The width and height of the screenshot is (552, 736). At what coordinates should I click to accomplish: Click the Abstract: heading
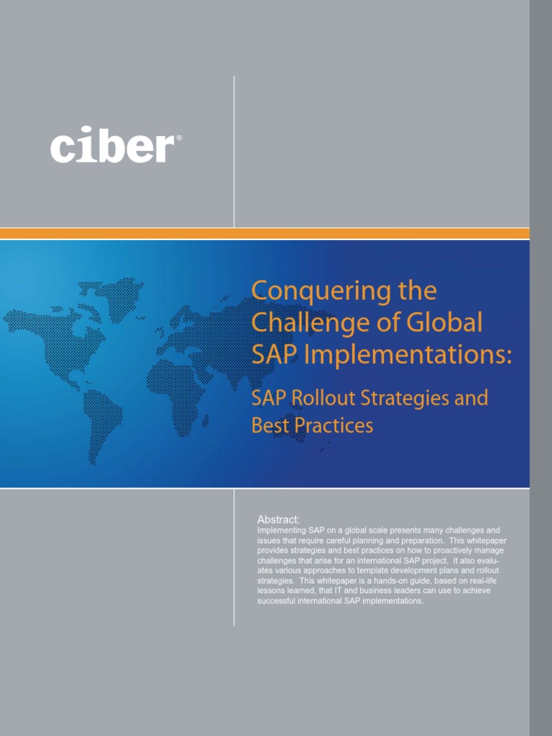(x=279, y=519)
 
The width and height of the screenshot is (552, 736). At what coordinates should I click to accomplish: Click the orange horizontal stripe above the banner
(x=264, y=234)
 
